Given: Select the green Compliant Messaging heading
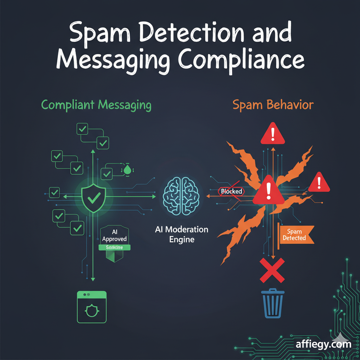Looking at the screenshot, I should (96, 105).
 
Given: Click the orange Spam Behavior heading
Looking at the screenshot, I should (272, 105).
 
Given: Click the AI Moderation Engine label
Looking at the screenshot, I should (181, 234).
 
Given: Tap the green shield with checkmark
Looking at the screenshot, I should (93, 198).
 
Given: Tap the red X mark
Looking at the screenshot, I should (272, 270).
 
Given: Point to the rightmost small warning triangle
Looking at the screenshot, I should (319, 182).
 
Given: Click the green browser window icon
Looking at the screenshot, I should (91, 307).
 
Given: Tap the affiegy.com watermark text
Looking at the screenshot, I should (323, 343).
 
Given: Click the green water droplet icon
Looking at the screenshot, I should (127, 170).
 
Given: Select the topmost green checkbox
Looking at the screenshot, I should (83, 129).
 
